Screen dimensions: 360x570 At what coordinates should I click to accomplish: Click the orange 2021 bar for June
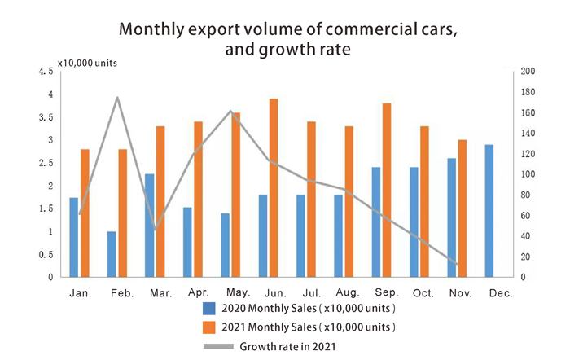point(274,188)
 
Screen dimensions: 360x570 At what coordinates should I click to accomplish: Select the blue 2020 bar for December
point(489,211)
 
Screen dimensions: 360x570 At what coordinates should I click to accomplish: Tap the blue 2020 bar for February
point(112,254)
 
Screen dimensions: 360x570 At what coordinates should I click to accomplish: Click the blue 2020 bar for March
point(149,226)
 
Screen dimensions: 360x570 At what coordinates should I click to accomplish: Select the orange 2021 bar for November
point(463,209)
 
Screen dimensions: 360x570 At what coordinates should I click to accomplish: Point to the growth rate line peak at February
point(117,98)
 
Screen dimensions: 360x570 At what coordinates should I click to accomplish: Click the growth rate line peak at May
point(230,112)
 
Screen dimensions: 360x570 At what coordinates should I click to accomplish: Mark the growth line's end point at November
point(457,264)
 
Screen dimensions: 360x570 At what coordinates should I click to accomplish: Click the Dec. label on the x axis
point(500,293)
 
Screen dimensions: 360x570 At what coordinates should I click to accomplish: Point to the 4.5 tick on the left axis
point(46,72)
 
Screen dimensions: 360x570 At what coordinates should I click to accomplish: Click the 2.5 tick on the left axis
point(46,163)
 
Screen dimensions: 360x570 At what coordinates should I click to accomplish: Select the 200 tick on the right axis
point(528,72)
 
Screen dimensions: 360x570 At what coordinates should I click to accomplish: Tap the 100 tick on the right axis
point(528,174)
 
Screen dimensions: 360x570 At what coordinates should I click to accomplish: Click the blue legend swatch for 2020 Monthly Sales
point(209,310)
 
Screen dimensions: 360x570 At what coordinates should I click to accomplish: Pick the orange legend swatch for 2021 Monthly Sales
point(209,327)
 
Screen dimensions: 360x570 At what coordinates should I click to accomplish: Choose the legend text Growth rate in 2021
point(287,346)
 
